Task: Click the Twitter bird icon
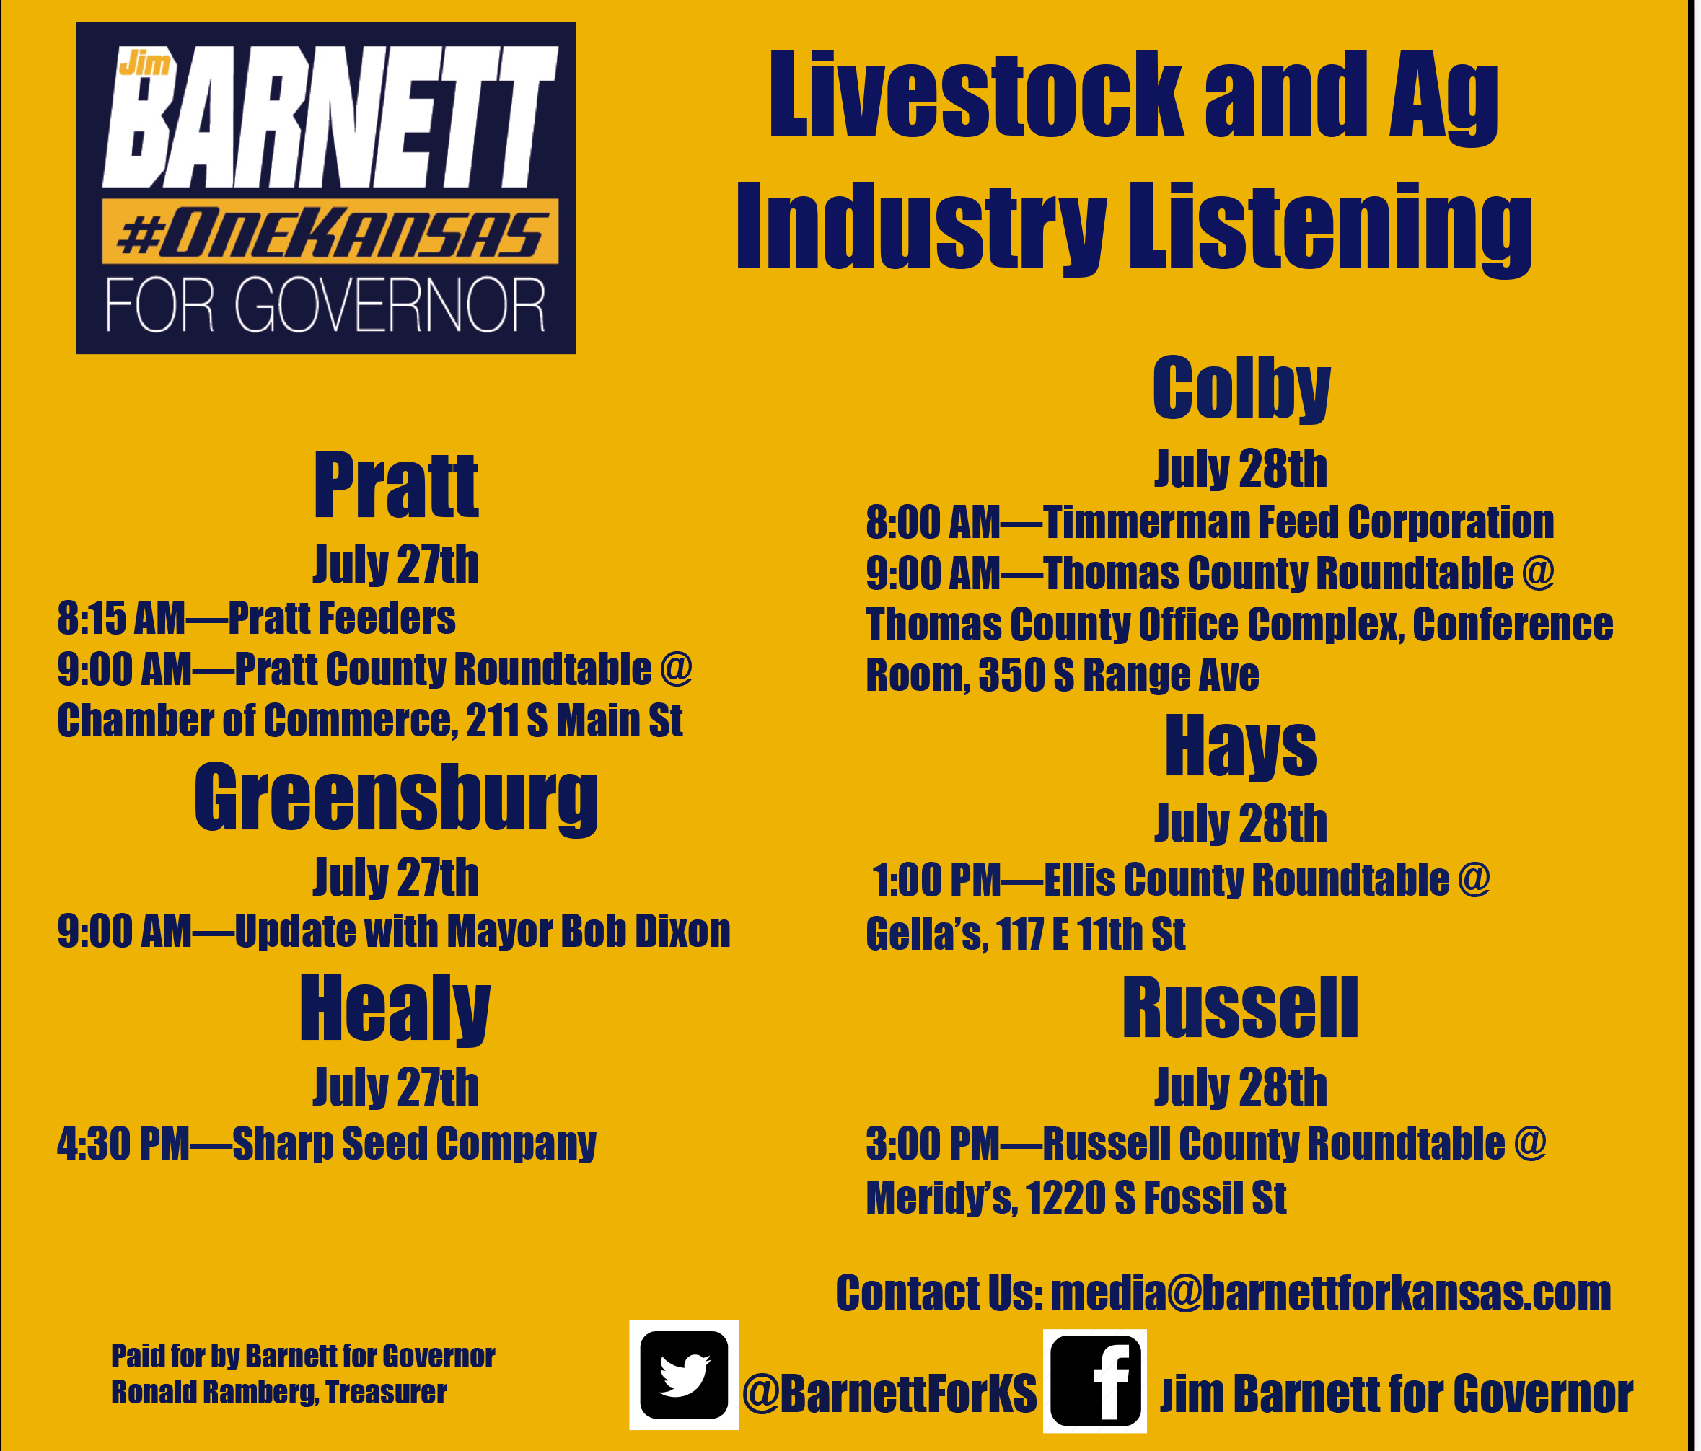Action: (x=684, y=1375)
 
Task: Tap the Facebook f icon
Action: (x=1095, y=1380)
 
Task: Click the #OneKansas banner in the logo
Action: (x=330, y=231)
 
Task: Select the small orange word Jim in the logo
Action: (x=144, y=62)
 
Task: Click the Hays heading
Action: (x=1241, y=746)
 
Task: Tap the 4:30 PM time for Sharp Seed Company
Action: (x=123, y=1144)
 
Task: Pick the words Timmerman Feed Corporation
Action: (x=1298, y=522)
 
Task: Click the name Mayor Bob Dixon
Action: (x=588, y=931)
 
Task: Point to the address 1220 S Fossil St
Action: (x=1156, y=1197)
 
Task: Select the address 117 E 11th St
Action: (x=1091, y=934)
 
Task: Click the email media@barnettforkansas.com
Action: (x=1331, y=1294)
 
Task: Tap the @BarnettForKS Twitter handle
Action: (x=889, y=1393)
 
